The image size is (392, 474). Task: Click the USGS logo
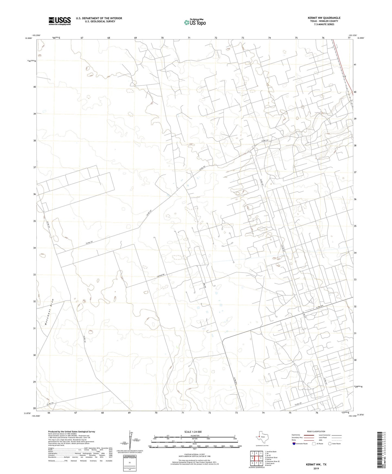click(60, 21)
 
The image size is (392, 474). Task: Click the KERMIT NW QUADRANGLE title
click(324, 18)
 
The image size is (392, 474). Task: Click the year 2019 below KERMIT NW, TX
click(316, 469)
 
